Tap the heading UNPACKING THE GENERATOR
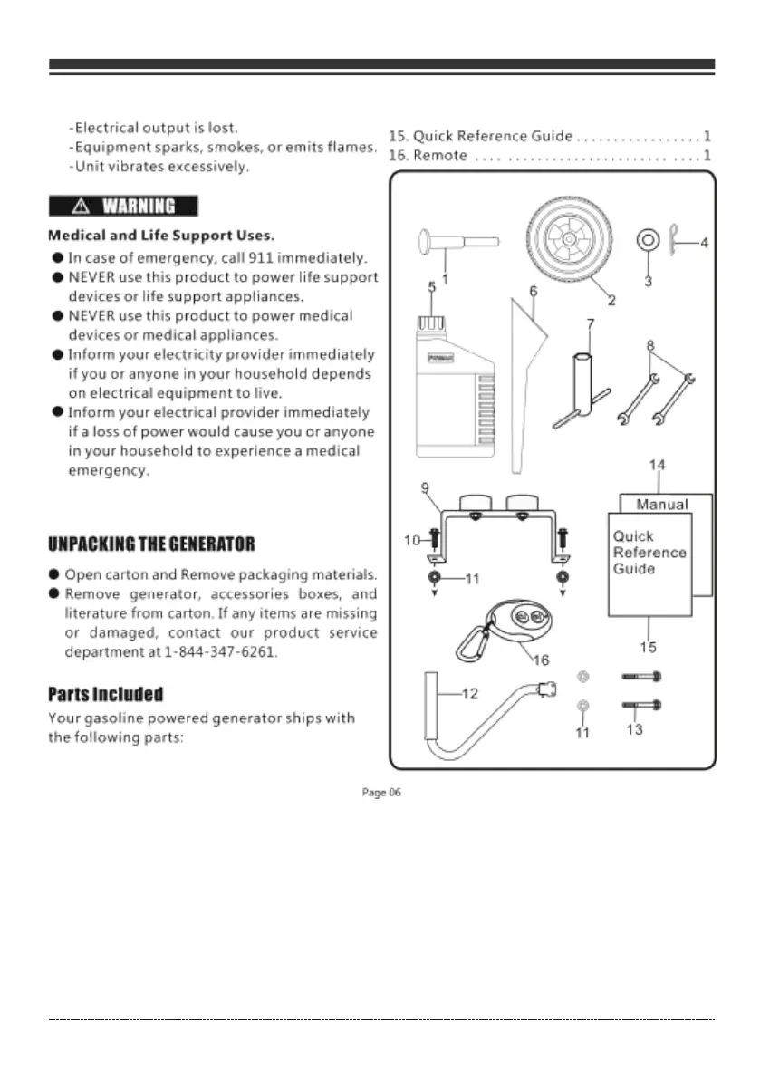point(151,544)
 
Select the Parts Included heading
point(105,695)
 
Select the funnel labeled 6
point(526,381)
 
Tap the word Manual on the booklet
point(662,505)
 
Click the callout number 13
point(634,729)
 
